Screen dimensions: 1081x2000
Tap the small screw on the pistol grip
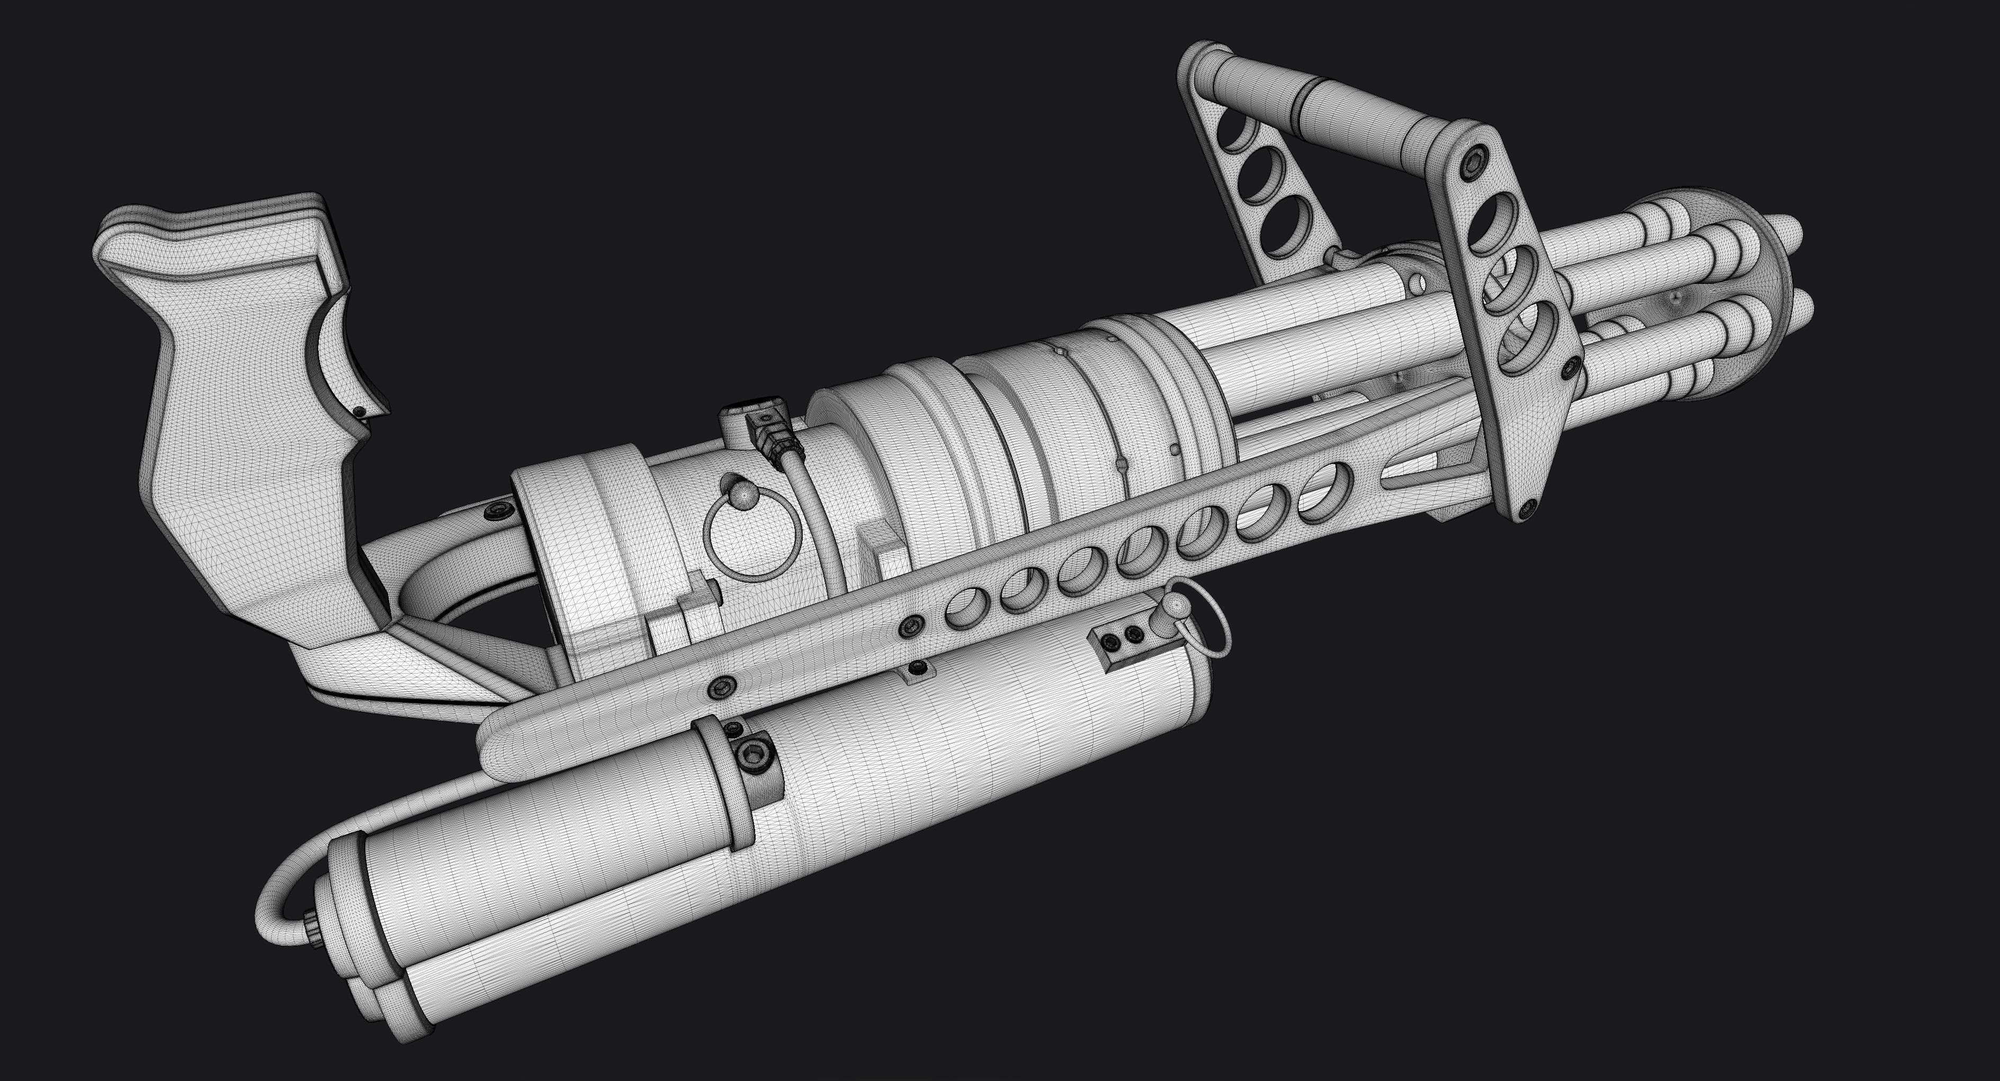pos(358,411)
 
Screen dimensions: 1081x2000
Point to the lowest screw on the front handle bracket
pos(1529,507)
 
